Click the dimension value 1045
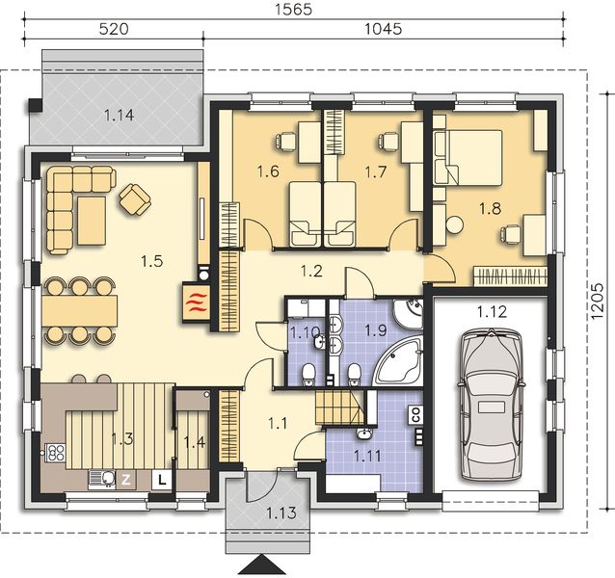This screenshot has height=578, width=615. coord(384,30)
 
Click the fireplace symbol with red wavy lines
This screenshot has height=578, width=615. coord(196,301)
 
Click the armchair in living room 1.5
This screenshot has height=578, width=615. coord(134,199)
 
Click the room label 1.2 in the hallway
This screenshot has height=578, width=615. coord(310,272)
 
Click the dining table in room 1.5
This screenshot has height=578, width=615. coord(79,309)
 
